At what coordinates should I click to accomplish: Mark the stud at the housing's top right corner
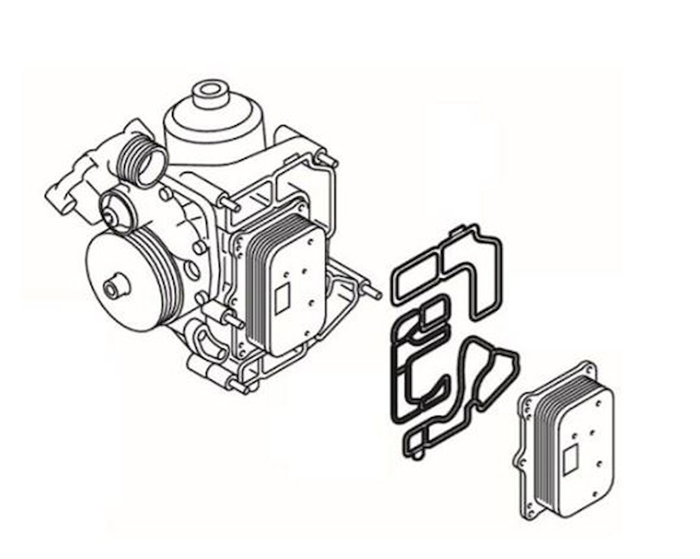click(328, 159)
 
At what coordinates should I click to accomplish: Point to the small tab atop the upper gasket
click(457, 228)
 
